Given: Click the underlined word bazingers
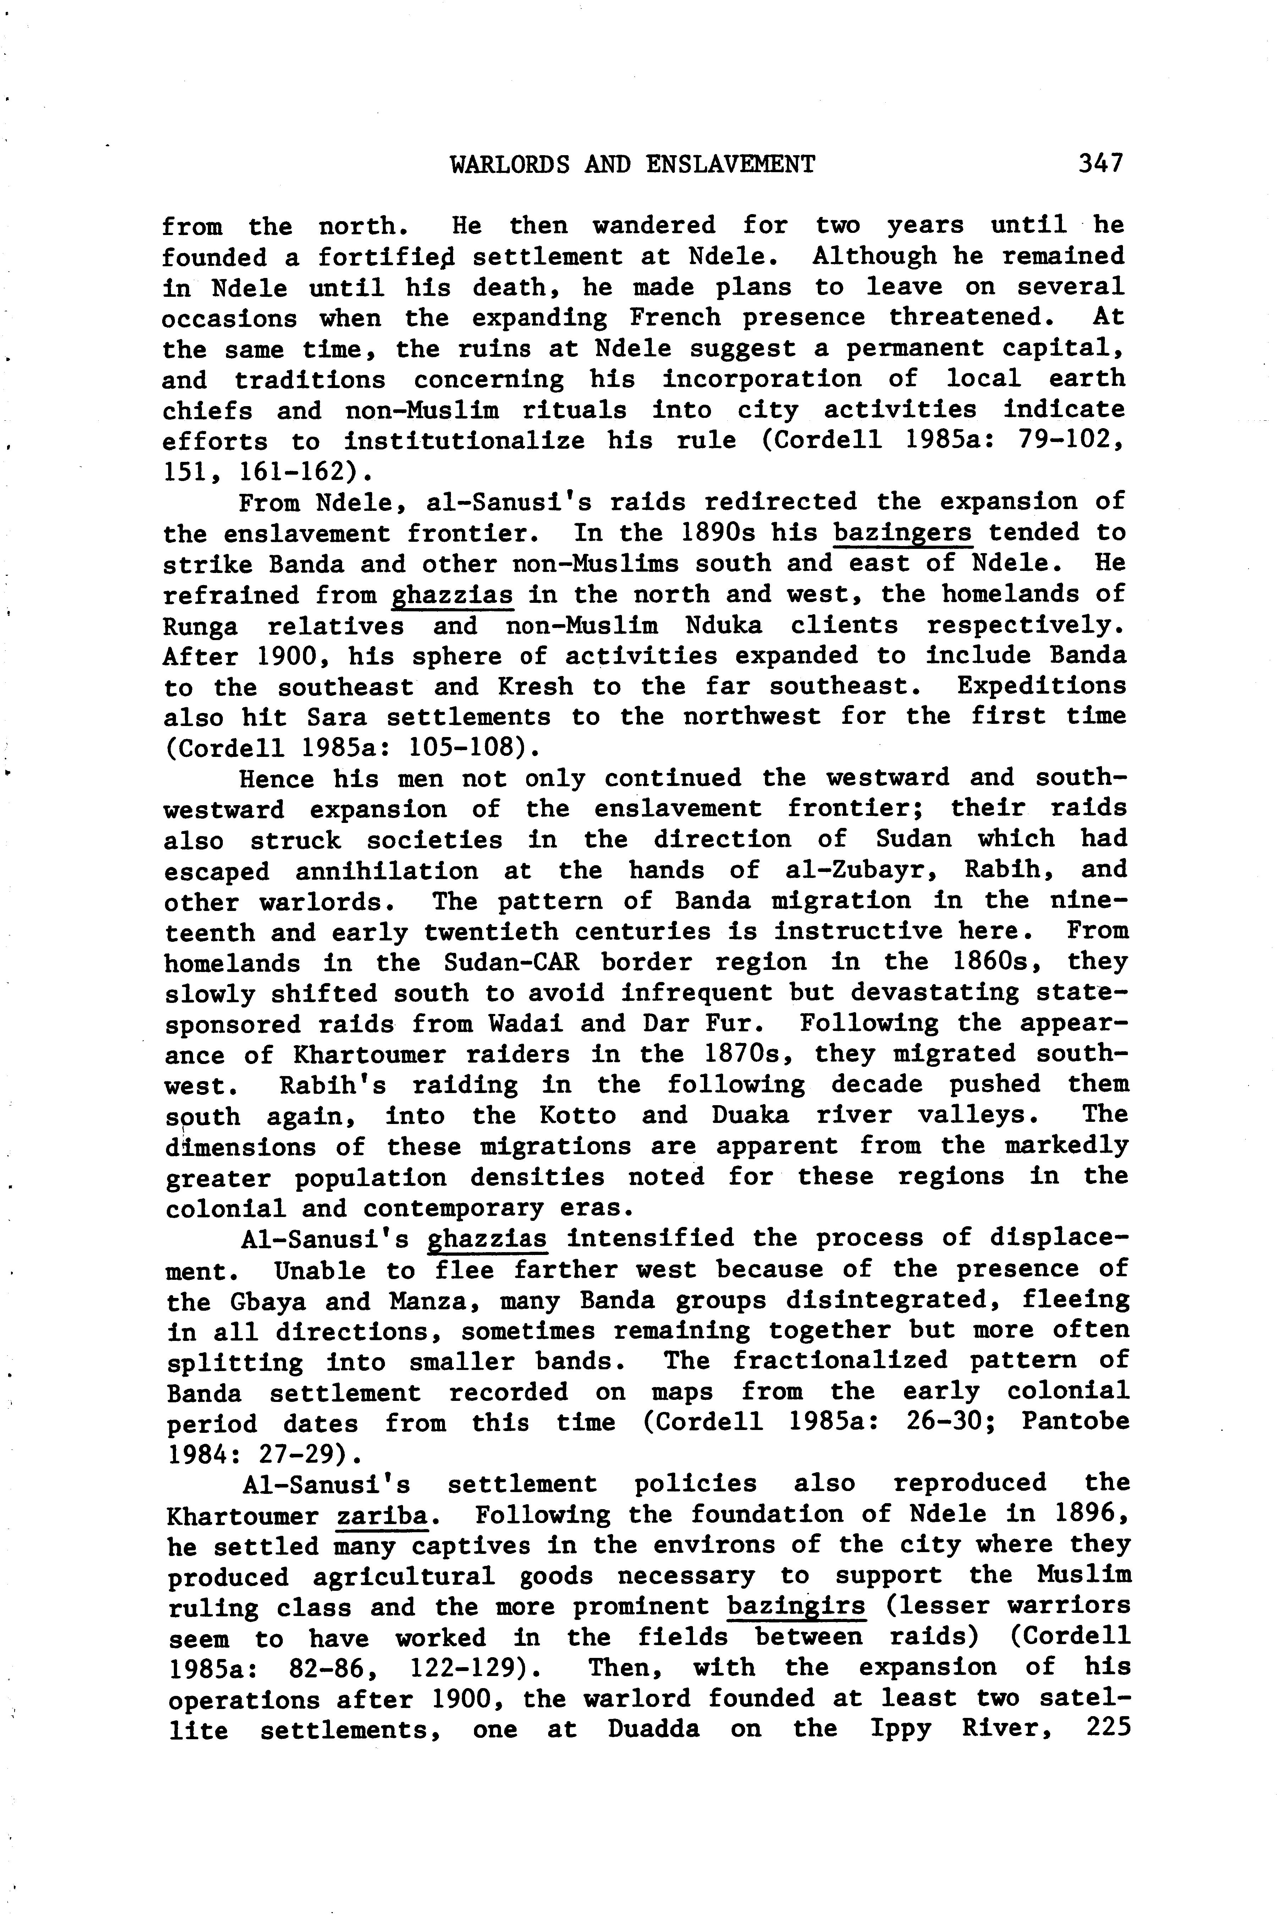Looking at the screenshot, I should [x=903, y=533].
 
